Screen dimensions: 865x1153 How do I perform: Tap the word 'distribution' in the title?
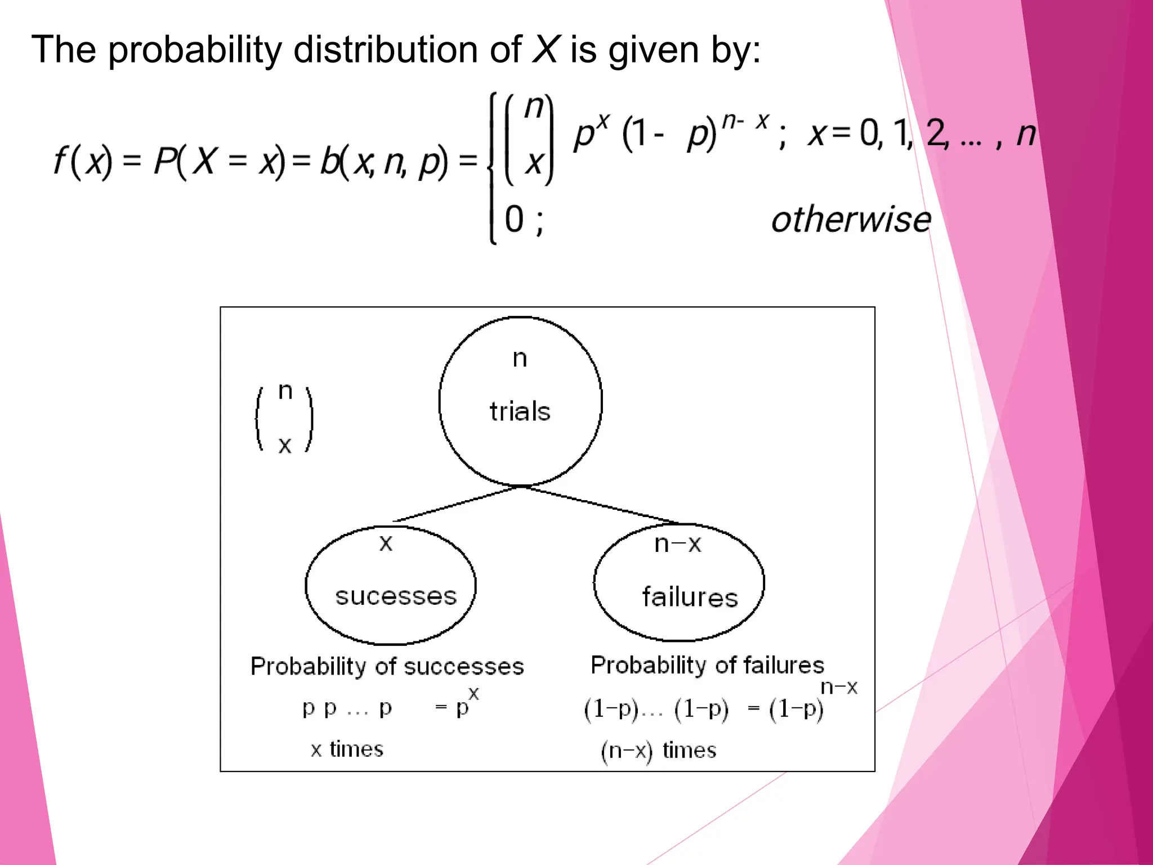tap(386, 49)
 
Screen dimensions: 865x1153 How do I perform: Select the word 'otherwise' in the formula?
tap(851, 219)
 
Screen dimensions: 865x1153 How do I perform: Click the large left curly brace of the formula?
tap(493, 167)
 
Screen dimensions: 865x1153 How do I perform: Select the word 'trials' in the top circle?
tap(520, 411)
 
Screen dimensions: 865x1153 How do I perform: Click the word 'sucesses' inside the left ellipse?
tap(396, 596)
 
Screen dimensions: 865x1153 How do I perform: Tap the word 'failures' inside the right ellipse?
tap(690, 597)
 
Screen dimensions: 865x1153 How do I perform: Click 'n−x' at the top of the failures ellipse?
tap(678, 544)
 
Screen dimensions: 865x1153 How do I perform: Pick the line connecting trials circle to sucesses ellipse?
tap(456, 504)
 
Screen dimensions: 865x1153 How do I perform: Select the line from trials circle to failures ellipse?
tap(600, 505)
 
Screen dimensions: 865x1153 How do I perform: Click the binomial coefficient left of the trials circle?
tap(285, 418)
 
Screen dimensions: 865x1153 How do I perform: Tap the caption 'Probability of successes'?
tap(387, 666)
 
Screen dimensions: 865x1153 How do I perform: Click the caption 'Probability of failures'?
tap(707, 665)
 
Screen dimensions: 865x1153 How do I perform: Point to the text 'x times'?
tap(347, 749)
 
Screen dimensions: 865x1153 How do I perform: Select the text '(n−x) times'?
tap(659, 750)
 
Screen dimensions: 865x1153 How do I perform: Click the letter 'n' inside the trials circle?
tap(520, 359)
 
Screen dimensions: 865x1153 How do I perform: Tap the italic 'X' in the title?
tap(546, 49)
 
